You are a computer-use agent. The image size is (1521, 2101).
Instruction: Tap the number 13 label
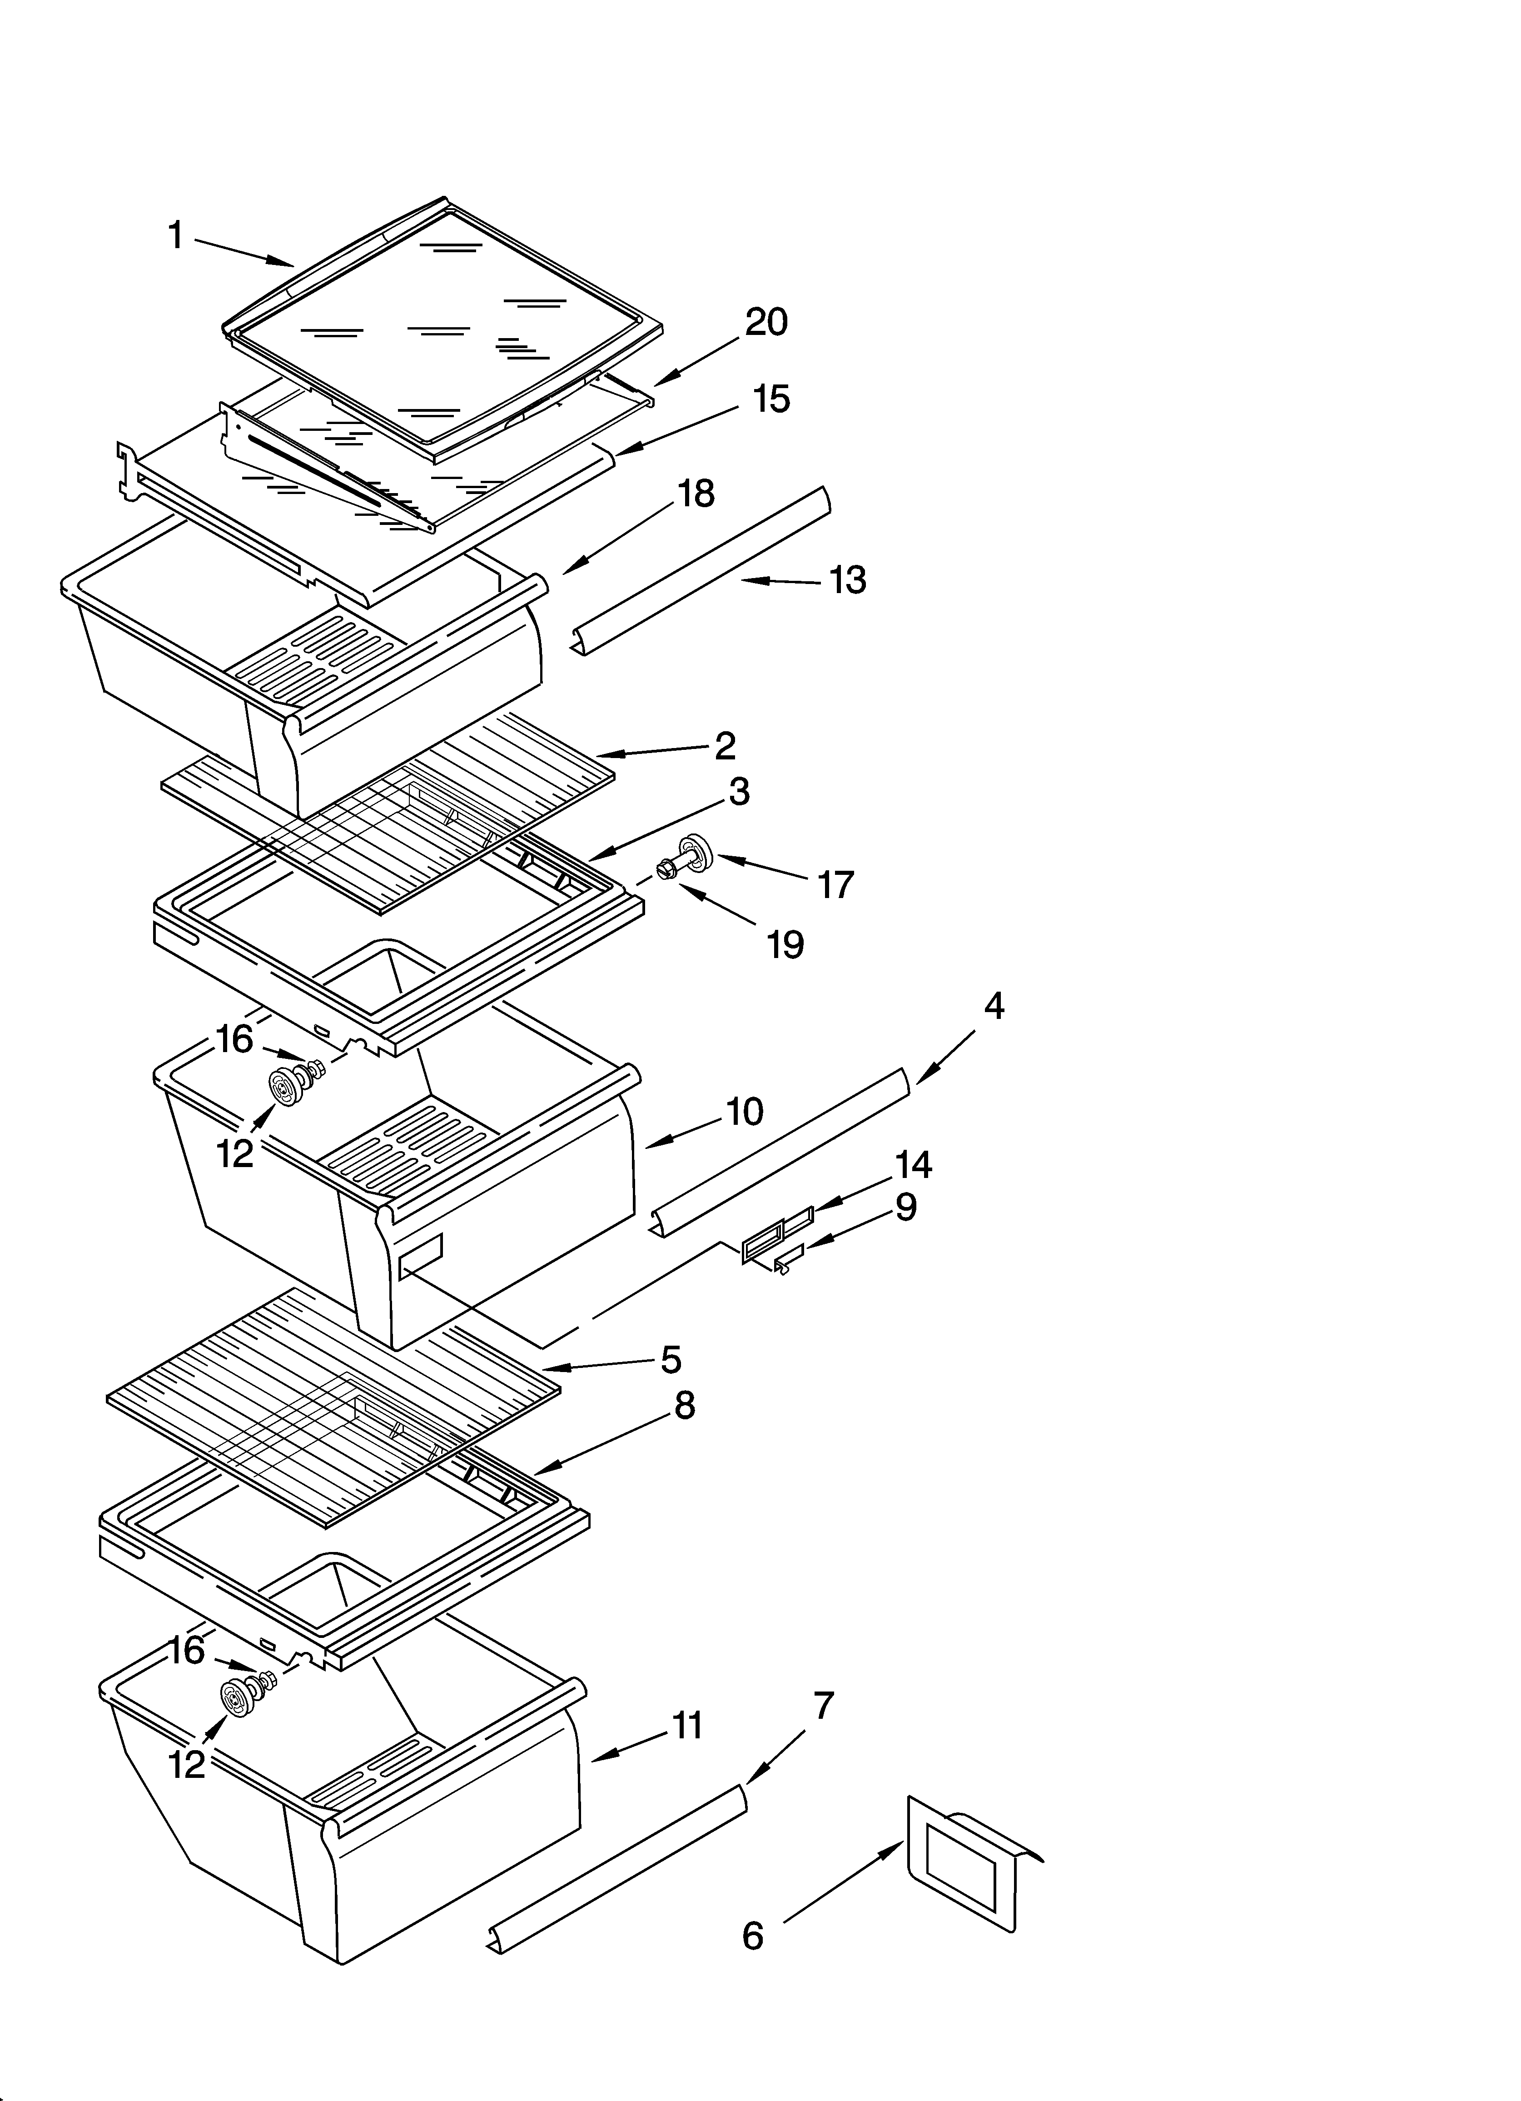click(x=847, y=581)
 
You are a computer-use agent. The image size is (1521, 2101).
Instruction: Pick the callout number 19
click(x=785, y=945)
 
